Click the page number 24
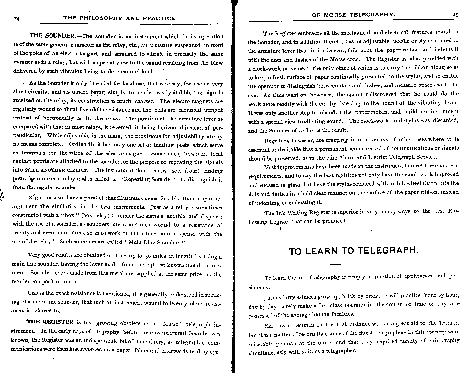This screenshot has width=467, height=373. click(x=17, y=19)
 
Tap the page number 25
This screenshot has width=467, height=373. click(x=455, y=15)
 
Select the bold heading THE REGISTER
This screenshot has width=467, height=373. click(x=50, y=322)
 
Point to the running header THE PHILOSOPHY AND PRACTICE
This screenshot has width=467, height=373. click(x=119, y=18)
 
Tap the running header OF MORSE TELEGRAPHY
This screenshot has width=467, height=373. click(x=353, y=15)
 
